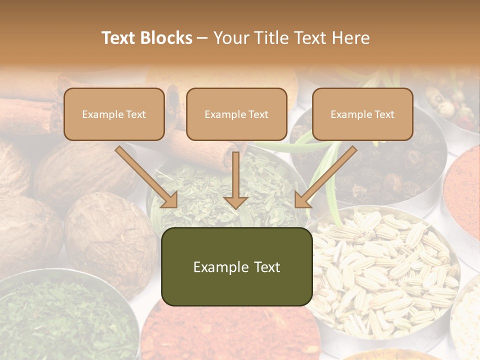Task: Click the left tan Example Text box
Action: [114, 114]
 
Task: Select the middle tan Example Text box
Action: [236, 114]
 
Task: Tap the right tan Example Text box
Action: [362, 114]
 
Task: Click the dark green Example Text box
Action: [236, 267]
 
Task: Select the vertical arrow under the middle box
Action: [235, 180]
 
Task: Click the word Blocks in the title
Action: [167, 38]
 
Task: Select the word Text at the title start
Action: [119, 38]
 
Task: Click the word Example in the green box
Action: [216, 267]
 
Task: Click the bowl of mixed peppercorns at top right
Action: [452, 105]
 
